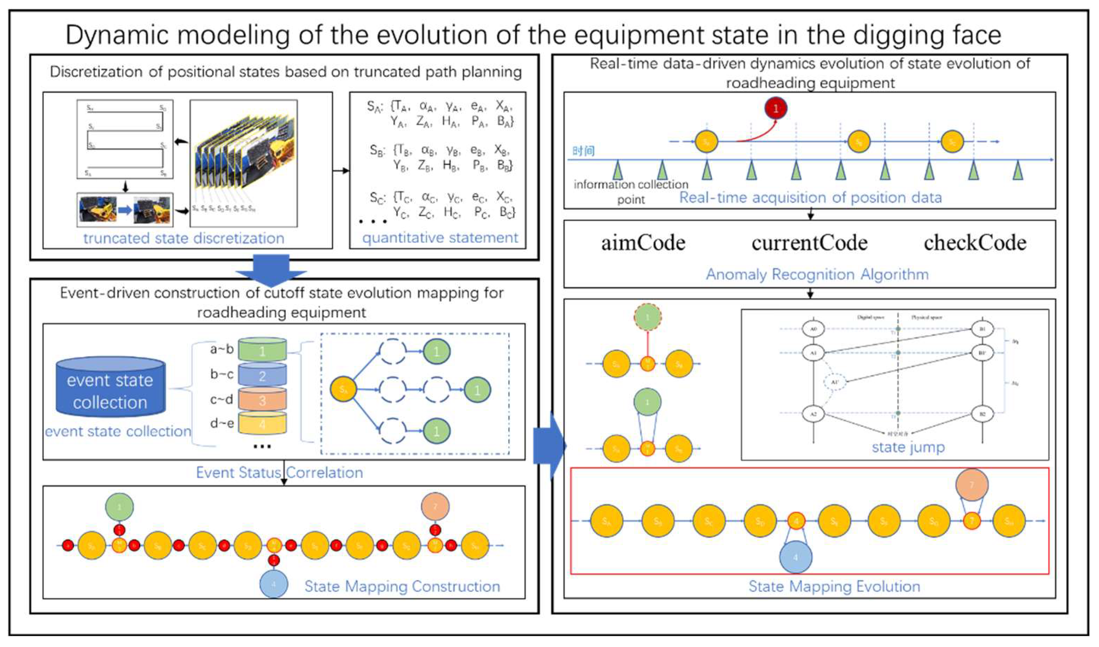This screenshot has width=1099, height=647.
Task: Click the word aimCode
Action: [643, 243]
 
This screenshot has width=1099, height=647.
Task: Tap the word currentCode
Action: [810, 243]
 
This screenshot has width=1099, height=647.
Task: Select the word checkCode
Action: [975, 243]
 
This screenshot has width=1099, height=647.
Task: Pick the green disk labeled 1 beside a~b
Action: [262, 350]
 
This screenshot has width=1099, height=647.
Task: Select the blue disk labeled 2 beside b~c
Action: [262, 375]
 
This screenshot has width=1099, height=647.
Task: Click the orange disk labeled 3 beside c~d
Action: [262, 400]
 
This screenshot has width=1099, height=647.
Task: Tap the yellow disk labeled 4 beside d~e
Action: [262, 423]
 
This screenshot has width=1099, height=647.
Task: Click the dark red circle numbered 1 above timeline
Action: [775, 108]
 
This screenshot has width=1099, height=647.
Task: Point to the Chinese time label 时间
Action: [583, 151]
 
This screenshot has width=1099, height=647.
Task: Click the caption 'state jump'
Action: [908, 447]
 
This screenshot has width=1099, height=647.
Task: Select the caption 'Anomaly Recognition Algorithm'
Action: [817, 274]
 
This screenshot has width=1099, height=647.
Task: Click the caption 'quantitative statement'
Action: [440, 238]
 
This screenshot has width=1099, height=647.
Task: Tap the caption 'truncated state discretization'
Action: [184, 238]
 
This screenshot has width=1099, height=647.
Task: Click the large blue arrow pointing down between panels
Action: [271, 269]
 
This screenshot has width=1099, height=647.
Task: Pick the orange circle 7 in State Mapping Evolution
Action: [972, 485]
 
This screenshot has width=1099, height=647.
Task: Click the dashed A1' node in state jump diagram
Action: [834, 382]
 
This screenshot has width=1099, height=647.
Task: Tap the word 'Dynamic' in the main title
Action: [118, 35]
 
